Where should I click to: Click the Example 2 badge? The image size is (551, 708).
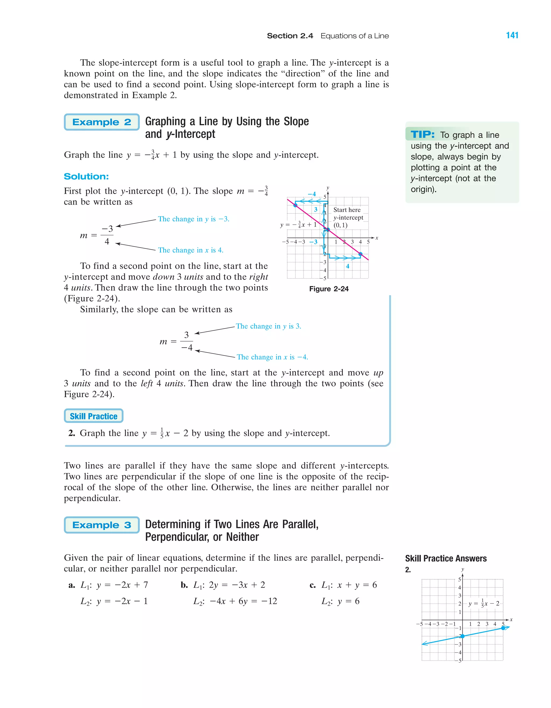pos(101,122)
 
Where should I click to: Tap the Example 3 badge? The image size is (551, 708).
pos(101,525)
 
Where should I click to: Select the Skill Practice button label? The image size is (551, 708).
pos(93,416)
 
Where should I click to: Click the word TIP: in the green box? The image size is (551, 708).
pos(422,134)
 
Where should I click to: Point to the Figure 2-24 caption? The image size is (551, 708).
pos(329,289)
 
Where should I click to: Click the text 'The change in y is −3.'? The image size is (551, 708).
pos(193,219)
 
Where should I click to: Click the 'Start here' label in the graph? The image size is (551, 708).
pos(347,210)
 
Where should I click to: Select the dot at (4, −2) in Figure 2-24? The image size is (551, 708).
pos(361,254)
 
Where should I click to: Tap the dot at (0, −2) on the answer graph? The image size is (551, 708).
pos(462,636)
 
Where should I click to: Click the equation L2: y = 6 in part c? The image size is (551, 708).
pos(340,601)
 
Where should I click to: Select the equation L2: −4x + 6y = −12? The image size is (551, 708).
pos(235,601)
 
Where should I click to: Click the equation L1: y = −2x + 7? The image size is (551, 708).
pos(114,585)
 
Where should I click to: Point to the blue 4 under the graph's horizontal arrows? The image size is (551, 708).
pos(347,266)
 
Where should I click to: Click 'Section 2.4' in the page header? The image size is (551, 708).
pos(290,36)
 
